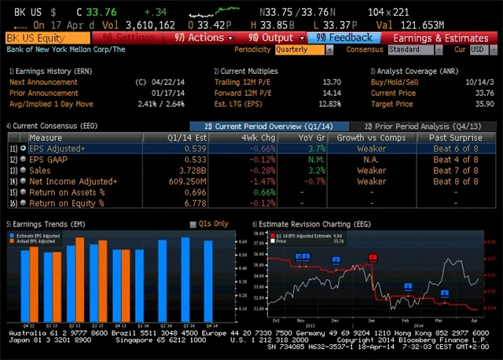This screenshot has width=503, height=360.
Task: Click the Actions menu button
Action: click(203, 37)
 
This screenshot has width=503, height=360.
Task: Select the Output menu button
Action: click(271, 37)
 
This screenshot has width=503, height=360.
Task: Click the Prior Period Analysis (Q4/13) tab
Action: click(422, 126)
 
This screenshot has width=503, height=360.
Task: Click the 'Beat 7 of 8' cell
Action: click(453, 170)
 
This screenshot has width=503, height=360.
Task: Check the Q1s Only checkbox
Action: click(193, 224)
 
